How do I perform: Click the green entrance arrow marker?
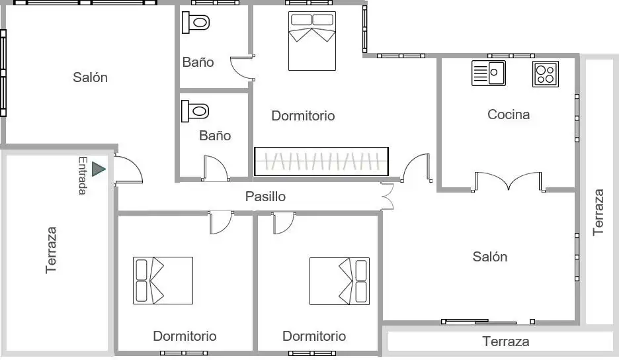(98, 169)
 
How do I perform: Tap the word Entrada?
(83, 175)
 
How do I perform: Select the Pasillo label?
(265, 197)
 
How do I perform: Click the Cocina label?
(509, 114)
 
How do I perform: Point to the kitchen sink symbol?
(489, 73)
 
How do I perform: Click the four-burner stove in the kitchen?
(546, 74)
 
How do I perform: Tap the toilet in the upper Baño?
(196, 22)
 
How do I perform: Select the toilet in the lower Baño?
(195, 111)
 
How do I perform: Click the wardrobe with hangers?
(321, 161)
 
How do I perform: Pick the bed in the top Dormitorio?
(312, 41)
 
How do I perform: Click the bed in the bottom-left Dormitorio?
(163, 281)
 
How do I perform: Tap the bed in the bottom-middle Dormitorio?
(339, 281)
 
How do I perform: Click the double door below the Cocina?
(508, 182)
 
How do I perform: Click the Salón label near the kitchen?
(490, 257)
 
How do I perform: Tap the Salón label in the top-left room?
(90, 77)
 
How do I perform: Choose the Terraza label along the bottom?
(506, 341)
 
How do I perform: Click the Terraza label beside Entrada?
(51, 249)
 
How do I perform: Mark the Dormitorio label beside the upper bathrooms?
(303, 115)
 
